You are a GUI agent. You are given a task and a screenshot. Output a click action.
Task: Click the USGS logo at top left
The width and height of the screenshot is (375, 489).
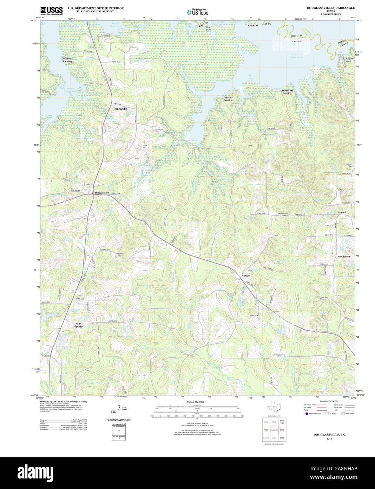tap(51, 11)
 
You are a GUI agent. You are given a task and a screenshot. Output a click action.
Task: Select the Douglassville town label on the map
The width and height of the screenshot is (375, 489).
tap(102, 193)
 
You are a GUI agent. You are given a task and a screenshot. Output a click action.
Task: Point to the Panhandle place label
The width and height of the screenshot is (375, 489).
tap(120, 109)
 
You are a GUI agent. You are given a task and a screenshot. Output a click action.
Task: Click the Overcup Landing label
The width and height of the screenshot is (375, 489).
tap(67, 60)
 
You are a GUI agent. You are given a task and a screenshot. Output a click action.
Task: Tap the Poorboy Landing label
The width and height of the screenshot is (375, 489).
tap(228, 99)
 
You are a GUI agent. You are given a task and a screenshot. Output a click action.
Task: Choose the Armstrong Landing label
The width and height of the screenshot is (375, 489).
tap(287, 92)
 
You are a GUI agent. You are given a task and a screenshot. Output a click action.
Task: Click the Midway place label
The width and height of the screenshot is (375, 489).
tap(245, 276)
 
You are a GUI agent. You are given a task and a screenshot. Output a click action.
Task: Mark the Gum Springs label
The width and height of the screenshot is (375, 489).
tap(79, 325)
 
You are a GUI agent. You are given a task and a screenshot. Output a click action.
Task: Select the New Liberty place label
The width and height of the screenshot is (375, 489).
tap(344, 257)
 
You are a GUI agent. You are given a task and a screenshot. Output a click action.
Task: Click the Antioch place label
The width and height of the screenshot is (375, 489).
tap(342, 212)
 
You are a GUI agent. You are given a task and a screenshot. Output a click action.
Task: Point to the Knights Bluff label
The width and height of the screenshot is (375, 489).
tap(349, 60)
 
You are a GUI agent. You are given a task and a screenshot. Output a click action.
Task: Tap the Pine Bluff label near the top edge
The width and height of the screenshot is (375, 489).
tap(208, 28)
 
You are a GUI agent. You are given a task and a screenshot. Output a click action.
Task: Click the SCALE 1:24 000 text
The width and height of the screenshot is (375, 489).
tap(196, 402)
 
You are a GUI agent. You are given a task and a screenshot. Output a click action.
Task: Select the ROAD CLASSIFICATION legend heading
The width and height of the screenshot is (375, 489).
tap(329, 401)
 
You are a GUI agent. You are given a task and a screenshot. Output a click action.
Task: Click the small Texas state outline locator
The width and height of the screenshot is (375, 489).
tap(274, 408)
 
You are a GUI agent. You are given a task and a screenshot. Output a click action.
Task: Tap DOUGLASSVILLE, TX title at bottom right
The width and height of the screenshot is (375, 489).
tap(329, 435)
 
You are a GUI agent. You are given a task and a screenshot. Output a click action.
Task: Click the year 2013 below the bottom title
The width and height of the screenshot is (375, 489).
tap(329, 439)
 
